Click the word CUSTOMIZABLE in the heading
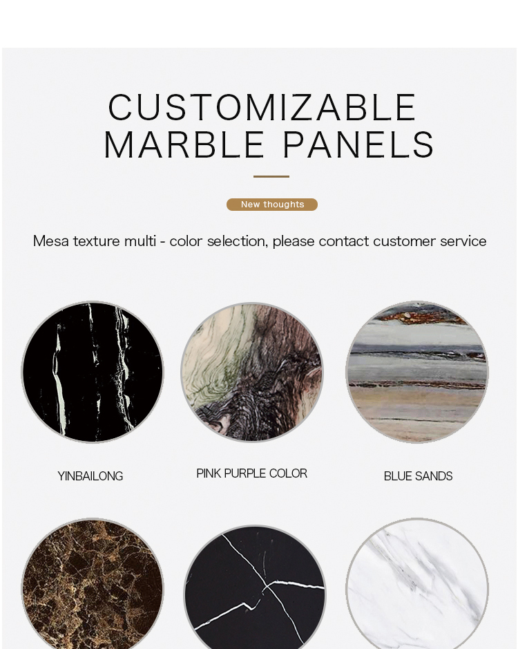pos(262,107)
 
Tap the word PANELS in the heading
pos(358,144)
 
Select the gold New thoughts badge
pos(272,205)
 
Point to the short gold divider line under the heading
pos(271,176)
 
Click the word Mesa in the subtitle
pos(51,241)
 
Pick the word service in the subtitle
pos(463,241)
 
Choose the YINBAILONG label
pos(90,476)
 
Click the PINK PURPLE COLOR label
pos(251,473)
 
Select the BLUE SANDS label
pos(418,476)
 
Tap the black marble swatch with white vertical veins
pos(93,372)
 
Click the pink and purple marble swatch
pos(252,372)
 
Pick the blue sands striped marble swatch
pos(417,372)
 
